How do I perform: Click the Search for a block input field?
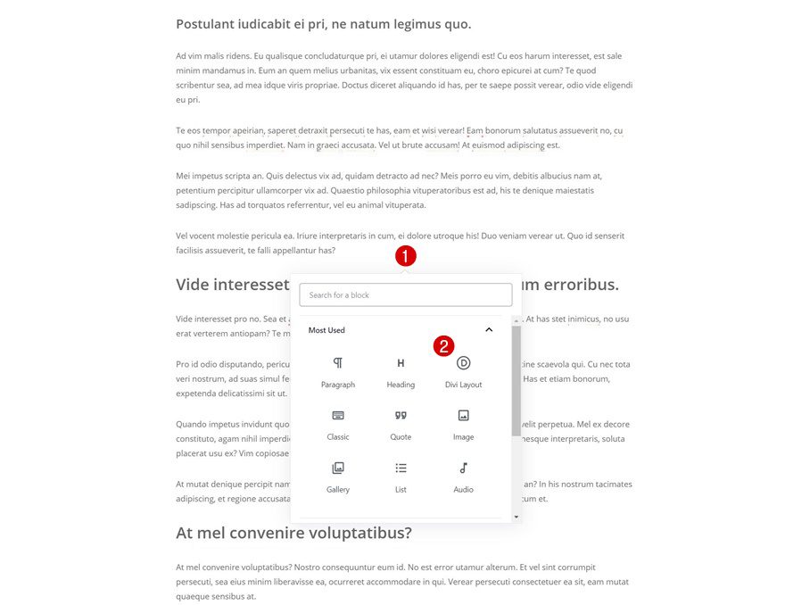pos(405,294)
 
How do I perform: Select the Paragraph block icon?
pos(338,363)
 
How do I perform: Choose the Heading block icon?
pos(401,363)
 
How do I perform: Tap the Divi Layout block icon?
pos(463,363)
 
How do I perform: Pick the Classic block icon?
pos(338,416)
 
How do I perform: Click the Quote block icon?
pos(401,416)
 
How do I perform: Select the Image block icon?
pos(463,416)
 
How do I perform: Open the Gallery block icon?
pos(338,468)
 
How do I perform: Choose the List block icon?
pos(401,468)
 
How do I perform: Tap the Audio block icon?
pos(463,468)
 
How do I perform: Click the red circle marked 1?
pos(406,256)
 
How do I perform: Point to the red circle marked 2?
pos(444,346)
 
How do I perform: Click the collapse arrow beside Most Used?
pos(489,330)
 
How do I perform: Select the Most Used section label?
pos(326,330)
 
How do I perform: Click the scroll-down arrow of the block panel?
pos(516,517)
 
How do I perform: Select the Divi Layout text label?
pos(463,385)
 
